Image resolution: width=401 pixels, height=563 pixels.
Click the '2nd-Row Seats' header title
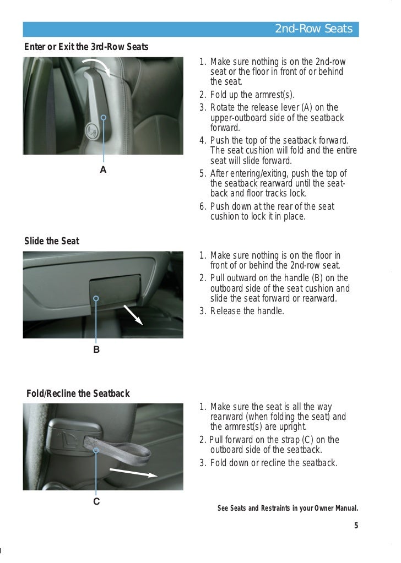[313, 29]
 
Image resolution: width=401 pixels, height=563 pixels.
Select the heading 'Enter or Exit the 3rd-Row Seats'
[86, 47]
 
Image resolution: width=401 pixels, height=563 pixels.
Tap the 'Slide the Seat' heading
[52, 241]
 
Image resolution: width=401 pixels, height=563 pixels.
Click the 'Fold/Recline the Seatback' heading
[78, 393]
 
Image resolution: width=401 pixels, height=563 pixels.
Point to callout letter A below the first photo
[103, 170]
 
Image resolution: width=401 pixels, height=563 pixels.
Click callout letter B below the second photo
[96, 349]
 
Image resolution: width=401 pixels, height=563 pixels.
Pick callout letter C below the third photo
[96, 501]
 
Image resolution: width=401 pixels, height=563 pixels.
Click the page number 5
[356, 525]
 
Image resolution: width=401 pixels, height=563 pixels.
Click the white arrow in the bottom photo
[133, 471]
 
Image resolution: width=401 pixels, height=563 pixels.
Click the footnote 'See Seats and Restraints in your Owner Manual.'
[288, 507]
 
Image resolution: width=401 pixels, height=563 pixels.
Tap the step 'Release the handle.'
[247, 311]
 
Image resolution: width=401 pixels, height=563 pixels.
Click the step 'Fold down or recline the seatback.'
[274, 463]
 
